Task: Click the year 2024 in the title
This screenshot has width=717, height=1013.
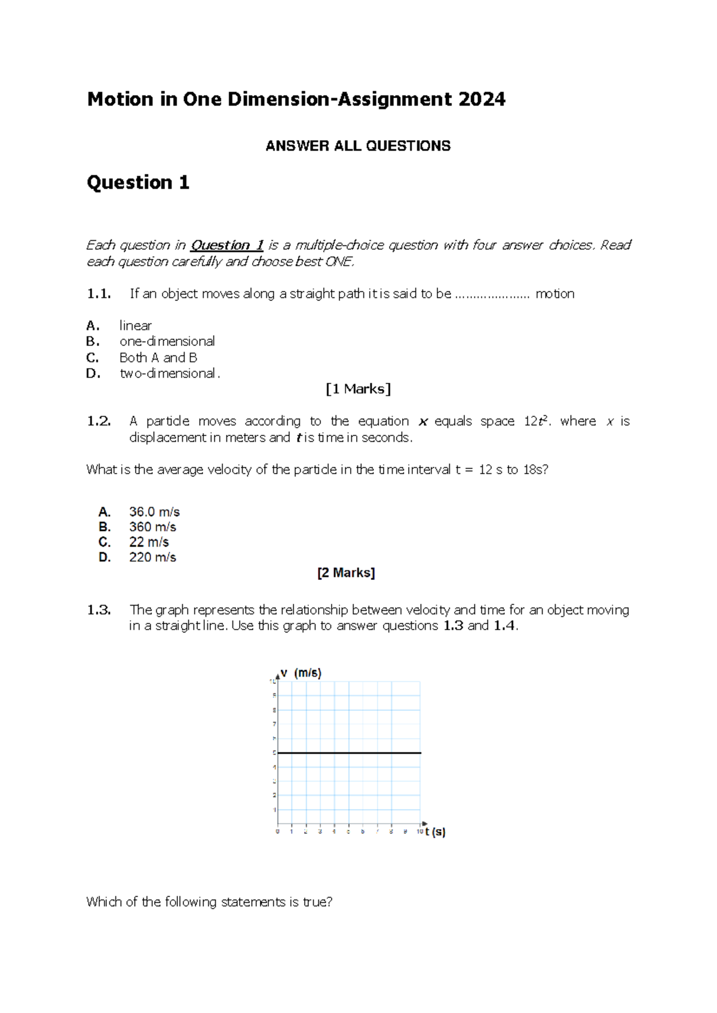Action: (482, 99)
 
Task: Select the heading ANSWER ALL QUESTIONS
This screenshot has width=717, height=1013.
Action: (358, 146)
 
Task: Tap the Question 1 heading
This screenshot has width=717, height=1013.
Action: (138, 182)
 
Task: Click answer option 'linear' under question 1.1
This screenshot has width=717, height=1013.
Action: (136, 326)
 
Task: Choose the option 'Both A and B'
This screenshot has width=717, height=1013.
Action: (158, 357)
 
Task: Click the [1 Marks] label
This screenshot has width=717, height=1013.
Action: (358, 389)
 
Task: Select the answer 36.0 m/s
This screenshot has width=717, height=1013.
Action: (154, 512)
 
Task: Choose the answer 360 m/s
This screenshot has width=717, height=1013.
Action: (152, 527)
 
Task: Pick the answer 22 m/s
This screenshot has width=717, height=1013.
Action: (149, 542)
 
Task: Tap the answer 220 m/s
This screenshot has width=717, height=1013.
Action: (152, 557)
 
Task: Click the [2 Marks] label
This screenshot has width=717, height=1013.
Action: (346, 573)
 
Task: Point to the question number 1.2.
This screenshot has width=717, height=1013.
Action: (99, 421)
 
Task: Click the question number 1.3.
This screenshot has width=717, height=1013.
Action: (99, 610)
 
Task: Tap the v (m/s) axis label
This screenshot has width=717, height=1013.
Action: (301, 673)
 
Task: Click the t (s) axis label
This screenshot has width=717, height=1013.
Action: (435, 831)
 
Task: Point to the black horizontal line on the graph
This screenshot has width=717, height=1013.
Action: (350, 753)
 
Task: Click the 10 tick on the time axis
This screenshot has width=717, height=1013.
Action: (420, 831)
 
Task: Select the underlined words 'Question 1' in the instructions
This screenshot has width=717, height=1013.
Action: (226, 245)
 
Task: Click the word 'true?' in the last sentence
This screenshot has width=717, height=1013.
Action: (317, 902)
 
